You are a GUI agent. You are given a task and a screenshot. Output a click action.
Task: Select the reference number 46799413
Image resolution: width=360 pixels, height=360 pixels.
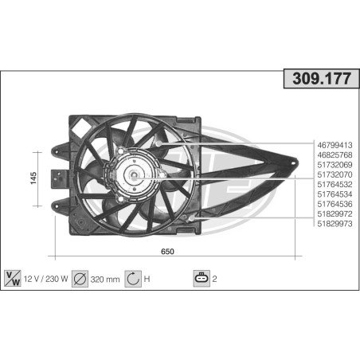point(335,145)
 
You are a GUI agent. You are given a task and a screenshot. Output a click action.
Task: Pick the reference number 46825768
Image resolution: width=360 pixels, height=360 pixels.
point(335,155)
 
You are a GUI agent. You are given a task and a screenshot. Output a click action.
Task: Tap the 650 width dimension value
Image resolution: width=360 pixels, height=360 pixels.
point(167,251)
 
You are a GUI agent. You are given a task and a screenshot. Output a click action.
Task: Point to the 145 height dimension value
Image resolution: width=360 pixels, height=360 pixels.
point(33,178)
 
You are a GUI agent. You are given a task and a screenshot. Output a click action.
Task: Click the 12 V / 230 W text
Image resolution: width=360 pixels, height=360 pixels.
point(47,280)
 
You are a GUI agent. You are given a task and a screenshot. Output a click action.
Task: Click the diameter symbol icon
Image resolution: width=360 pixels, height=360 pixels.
point(80,280)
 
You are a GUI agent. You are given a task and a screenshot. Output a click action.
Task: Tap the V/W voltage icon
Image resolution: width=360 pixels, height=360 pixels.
point(13,280)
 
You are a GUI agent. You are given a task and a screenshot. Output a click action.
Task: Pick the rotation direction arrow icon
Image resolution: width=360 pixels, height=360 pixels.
point(133,280)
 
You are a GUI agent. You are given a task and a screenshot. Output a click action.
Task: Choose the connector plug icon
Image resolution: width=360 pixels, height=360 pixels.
point(202,280)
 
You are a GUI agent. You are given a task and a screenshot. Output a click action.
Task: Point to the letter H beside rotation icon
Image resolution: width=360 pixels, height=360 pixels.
point(148,280)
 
